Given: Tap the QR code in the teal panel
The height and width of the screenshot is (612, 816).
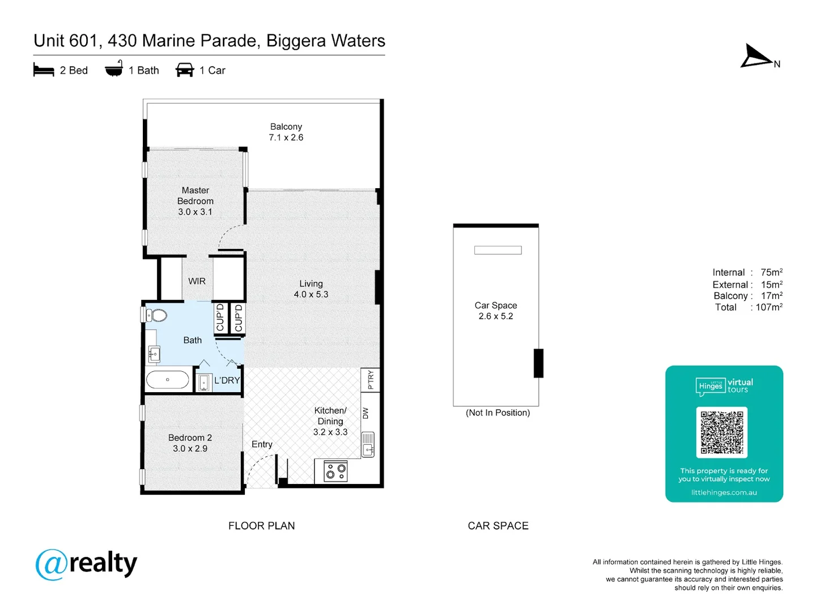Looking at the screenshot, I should coord(721,432).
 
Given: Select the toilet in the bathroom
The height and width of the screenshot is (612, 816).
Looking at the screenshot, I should coord(157,315).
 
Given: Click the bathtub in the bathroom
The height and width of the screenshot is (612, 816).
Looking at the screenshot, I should coord(168,380).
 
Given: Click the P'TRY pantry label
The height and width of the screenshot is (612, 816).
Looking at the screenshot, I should coord(371,379).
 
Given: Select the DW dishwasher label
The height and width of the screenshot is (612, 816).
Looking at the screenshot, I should coord(365,414).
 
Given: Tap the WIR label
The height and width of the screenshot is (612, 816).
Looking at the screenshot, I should coord(197,281).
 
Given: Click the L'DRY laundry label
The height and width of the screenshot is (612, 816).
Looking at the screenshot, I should coord(227,380).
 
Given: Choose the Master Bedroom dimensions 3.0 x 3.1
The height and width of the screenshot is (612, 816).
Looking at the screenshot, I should coord(195,212).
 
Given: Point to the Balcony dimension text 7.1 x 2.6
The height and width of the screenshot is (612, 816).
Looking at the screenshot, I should coord(286,138).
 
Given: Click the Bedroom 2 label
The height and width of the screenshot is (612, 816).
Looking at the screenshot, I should coord(190,437).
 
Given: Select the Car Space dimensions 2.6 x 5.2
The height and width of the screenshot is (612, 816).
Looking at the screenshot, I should coord(495,316).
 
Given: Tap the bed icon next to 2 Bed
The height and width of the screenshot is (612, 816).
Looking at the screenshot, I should coord(44,70).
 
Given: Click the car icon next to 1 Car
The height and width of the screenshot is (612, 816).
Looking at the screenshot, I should coord(185,70).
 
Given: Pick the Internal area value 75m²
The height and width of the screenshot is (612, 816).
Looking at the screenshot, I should coord(771,273).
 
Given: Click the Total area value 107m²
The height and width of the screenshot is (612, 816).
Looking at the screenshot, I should coord(768,307).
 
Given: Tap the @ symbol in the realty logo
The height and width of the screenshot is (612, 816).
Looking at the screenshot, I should coord(52,564).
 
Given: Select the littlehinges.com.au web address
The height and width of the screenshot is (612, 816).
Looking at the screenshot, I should coord(724,492).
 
